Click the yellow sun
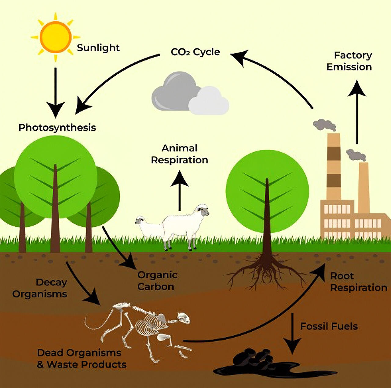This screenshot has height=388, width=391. click(55, 37)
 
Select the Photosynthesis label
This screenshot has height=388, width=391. click(57, 128)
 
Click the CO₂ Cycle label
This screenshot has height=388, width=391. click(195, 52)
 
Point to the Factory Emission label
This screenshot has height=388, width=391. click(349, 61)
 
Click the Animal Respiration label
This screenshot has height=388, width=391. click(180, 154)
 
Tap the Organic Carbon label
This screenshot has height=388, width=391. click(157, 281)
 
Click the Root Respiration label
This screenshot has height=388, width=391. click(359, 282)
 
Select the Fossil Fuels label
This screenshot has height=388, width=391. click(329, 326)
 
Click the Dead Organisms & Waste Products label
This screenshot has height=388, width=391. click(82, 359)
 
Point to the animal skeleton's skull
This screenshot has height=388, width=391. click(184, 318)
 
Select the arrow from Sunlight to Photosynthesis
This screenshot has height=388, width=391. click(56, 93)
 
